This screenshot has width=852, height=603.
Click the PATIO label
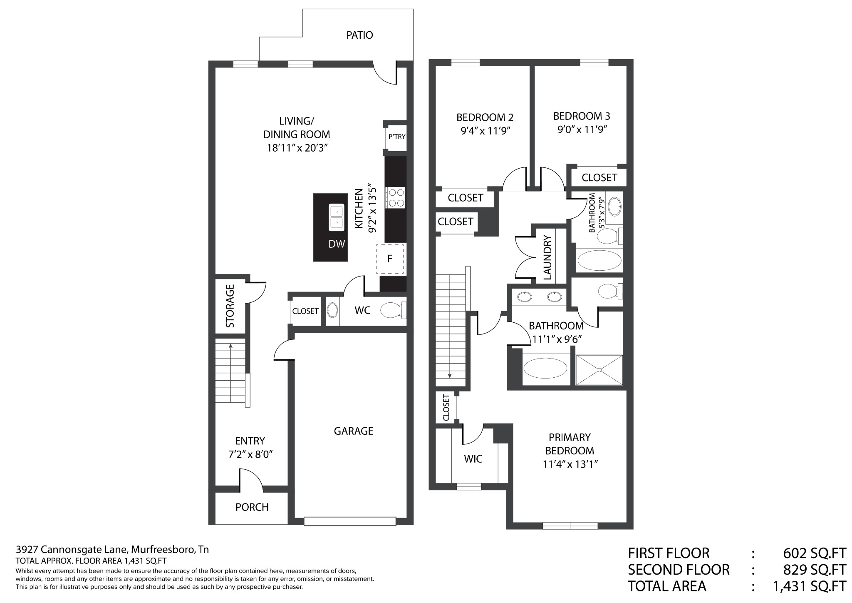[x=359, y=35]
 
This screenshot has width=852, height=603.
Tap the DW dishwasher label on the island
[x=337, y=244]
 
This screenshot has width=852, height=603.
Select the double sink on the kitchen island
[x=337, y=217]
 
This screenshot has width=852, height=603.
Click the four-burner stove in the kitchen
[x=396, y=198]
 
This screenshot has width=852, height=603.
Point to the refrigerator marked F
[x=390, y=259]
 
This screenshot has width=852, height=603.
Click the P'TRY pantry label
[x=396, y=137]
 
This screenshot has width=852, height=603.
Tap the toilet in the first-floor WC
[x=393, y=310]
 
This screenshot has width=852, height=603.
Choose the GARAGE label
[x=354, y=431]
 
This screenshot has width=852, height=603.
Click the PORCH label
[x=252, y=507]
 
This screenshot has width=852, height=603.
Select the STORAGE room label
[x=230, y=306]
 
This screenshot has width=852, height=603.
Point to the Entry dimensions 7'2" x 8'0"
[x=250, y=454]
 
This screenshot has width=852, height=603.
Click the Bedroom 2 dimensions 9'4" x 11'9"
[x=485, y=131]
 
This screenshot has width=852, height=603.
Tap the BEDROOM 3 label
[x=582, y=116]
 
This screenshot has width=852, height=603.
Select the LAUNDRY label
[x=547, y=257]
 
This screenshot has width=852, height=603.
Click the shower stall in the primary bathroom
[x=599, y=370]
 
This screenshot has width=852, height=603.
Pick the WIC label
[x=473, y=459]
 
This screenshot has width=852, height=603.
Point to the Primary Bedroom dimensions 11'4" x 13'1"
[x=570, y=464]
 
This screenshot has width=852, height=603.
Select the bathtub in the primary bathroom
[x=545, y=369]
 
